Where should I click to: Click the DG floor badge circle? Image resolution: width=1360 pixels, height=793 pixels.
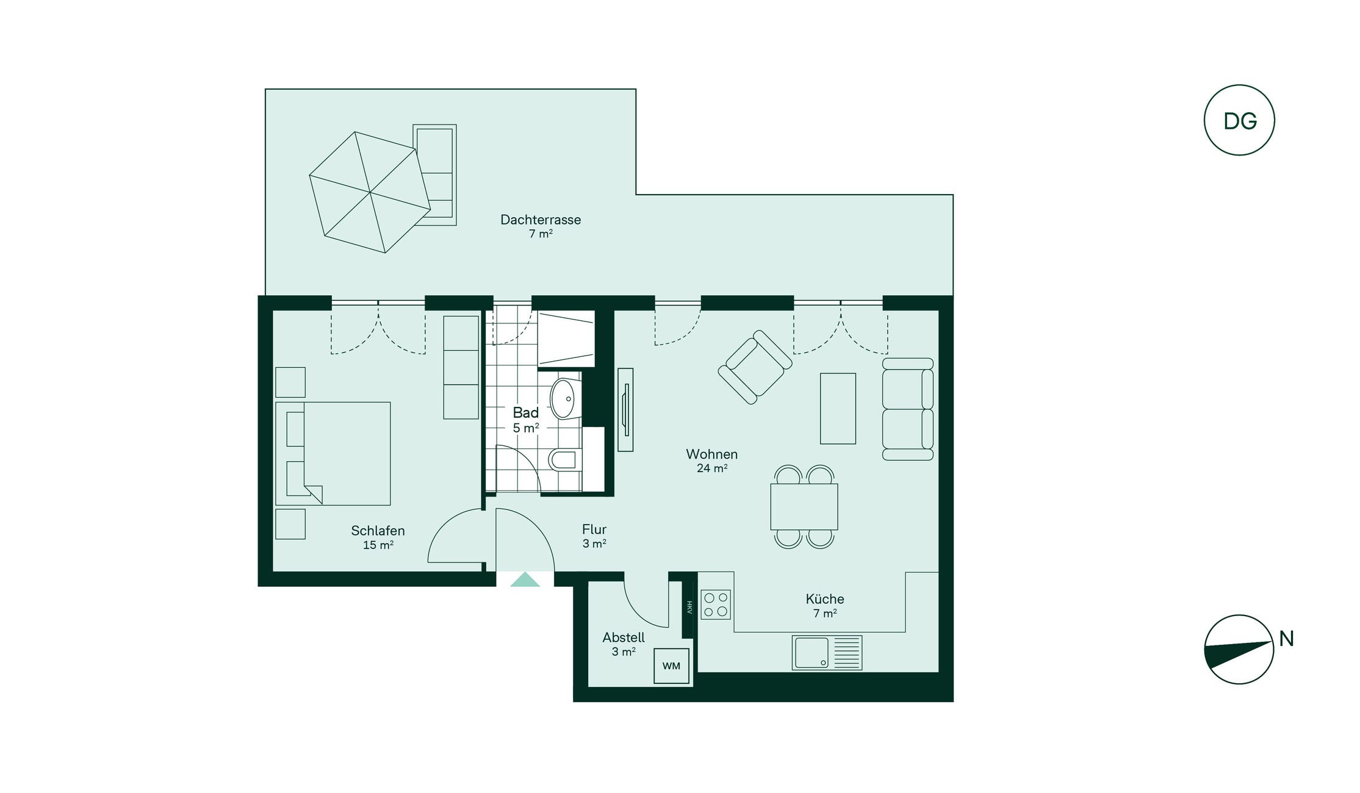point(1239,86)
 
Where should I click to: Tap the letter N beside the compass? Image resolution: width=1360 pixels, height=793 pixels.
point(1286,639)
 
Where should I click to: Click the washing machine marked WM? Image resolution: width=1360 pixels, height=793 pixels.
point(671,666)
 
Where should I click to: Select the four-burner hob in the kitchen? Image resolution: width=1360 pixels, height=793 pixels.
point(716,605)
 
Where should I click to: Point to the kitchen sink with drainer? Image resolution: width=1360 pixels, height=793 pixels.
point(827,653)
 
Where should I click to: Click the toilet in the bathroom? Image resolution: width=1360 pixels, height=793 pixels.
point(565,460)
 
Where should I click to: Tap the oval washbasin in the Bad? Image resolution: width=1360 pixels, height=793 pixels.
point(563,398)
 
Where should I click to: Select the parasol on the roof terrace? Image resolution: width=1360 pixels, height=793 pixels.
point(370,192)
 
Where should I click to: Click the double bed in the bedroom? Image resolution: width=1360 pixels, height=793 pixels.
point(333,453)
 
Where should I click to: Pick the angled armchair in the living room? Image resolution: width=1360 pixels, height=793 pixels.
point(755,367)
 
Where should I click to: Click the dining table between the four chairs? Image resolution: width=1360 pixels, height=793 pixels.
point(804,506)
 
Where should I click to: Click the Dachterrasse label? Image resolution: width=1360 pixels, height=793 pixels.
point(541,220)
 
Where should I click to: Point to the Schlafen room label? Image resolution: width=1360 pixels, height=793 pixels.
point(378,531)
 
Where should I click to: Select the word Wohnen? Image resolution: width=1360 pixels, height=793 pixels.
point(711,454)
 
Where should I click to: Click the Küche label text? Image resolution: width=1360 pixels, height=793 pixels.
point(824,599)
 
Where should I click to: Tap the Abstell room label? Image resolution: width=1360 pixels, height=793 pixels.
point(624,637)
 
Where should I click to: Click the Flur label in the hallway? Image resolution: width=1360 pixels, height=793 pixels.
point(594,529)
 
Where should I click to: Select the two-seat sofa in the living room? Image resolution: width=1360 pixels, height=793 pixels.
point(908,409)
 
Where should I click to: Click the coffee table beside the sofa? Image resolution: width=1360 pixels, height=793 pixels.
point(838,408)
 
